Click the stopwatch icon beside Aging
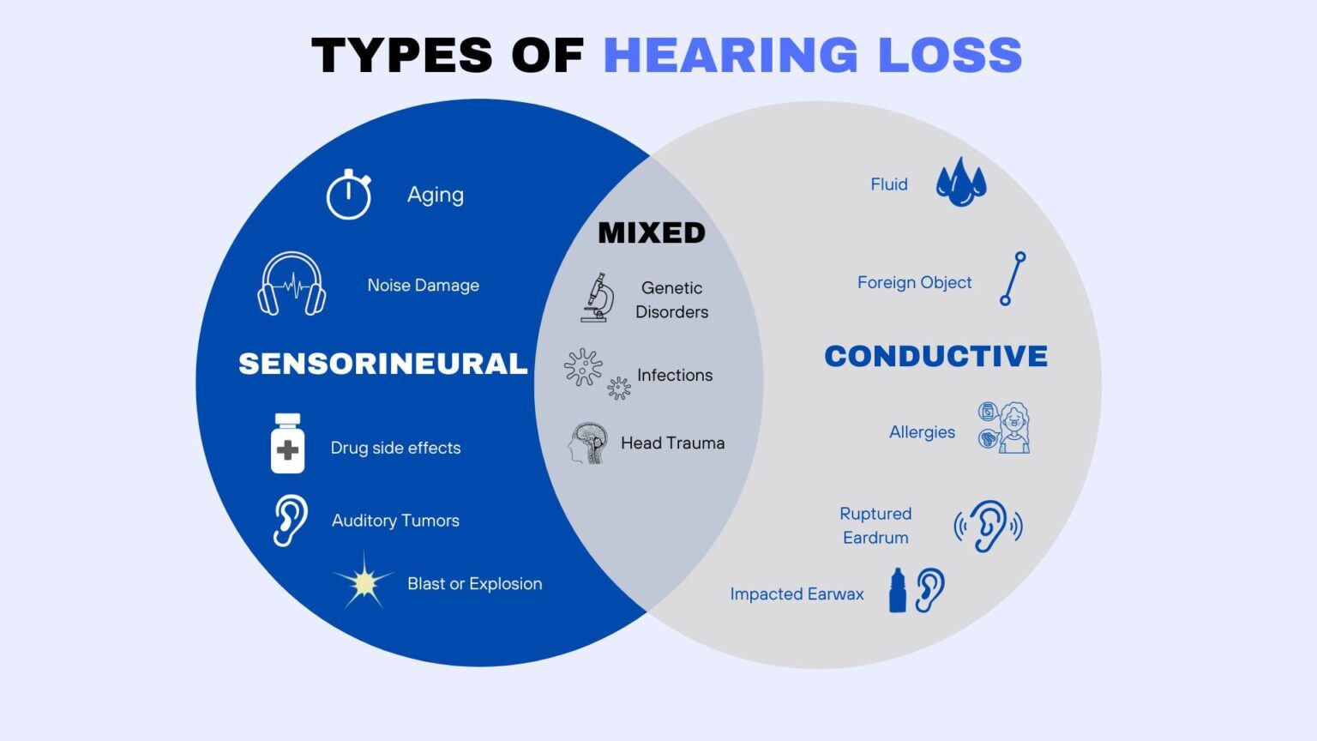pyautogui.click(x=348, y=195)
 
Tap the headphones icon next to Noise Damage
pyautogui.click(x=292, y=284)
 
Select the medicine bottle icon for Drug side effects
pyautogui.click(x=287, y=443)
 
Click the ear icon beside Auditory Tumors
pyautogui.click(x=291, y=520)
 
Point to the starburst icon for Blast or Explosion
pyautogui.click(x=364, y=582)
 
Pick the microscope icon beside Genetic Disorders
pyautogui.click(x=598, y=298)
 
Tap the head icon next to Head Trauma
pyautogui.click(x=588, y=443)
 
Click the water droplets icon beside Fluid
pyautogui.click(x=961, y=182)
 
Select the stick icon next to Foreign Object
pyautogui.click(x=1013, y=279)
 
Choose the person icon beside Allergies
pyautogui.click(x=1013, y=427)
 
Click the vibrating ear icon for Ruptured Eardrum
pyautogui.click(x=989, y=525)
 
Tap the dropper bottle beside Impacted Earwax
pyautogui.click(x=898, y=591)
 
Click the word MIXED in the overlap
pyautogui.click(x=652, y=232)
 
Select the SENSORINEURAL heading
pyautogui.click(x=382, y=364)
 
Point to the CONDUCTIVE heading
pyautogui.click(x=935, y=356)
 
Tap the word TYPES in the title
pyautogui.click(x=401, y=55)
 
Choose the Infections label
pyautogui.click(x=675, y=375)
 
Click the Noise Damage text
pyautogui.click(x=423, y=285)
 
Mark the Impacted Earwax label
pyautogui.click(x=797, y=593)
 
